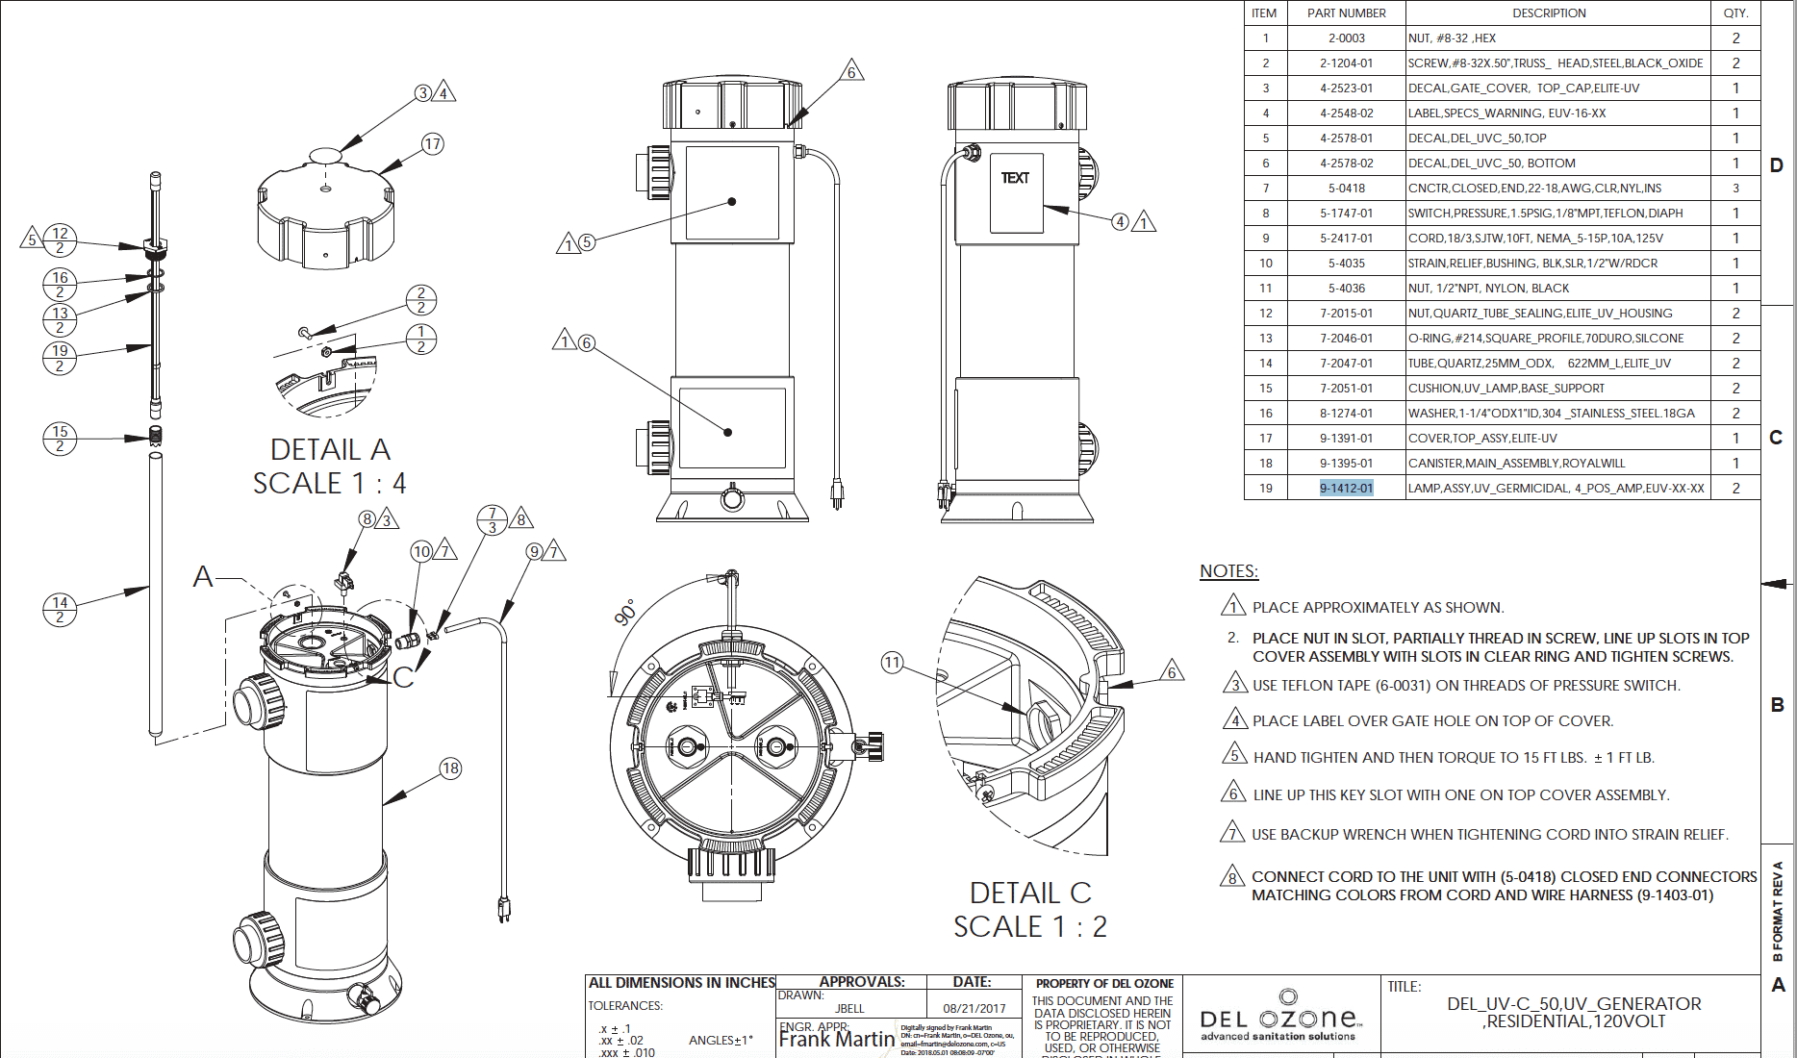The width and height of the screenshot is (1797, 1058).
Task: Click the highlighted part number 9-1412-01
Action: pyautogui.click(x=1346, y=488)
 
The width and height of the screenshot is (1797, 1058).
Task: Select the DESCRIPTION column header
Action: pyautogui.click(x=1549, y=13)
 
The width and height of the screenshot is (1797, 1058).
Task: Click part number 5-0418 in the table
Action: pyautogui.click(x=1346, y=188)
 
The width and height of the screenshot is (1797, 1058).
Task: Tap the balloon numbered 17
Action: pyautogui.click(x=433, y=144)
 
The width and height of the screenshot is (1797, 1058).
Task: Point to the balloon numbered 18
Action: pyautogui.click(x=450, y=768)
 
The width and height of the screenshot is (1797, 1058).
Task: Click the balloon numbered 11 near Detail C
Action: pyautogui.click(x=892, y=662)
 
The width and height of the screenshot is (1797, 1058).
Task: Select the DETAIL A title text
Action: pyautogui.click(x=330, y=449)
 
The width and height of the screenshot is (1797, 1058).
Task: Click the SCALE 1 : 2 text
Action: pyautogui.click(x=1029, y=926)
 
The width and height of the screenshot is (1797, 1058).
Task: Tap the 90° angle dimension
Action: pyautogui.click(x=625, y=613)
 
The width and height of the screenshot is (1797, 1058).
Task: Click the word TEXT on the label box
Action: pyautogui.click(x=1015, y=178)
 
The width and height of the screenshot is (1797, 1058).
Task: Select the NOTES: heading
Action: pyautogui.click(x=1228, y=571)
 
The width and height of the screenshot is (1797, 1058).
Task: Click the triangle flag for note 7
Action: pyautogui.click(x=1232, y=833)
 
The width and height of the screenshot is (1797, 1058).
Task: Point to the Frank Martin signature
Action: pyautogui.click(x=836, y=1040)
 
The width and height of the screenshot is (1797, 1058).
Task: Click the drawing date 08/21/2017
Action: pyautogui.click(x=974, y=1008)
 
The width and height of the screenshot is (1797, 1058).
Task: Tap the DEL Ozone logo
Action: pyautogui.click(x=1279, y=1018)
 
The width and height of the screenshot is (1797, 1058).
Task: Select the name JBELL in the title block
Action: pyautogui.click(x=849, y=1008)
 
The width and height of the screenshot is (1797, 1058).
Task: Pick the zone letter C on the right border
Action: pyautogui.click(x=1776, y=438)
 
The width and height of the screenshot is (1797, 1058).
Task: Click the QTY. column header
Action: pyautogui.click(x=1735, y=13)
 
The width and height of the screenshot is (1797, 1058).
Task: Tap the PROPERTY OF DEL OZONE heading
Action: pyautogui.click(x=1104, y=983)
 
